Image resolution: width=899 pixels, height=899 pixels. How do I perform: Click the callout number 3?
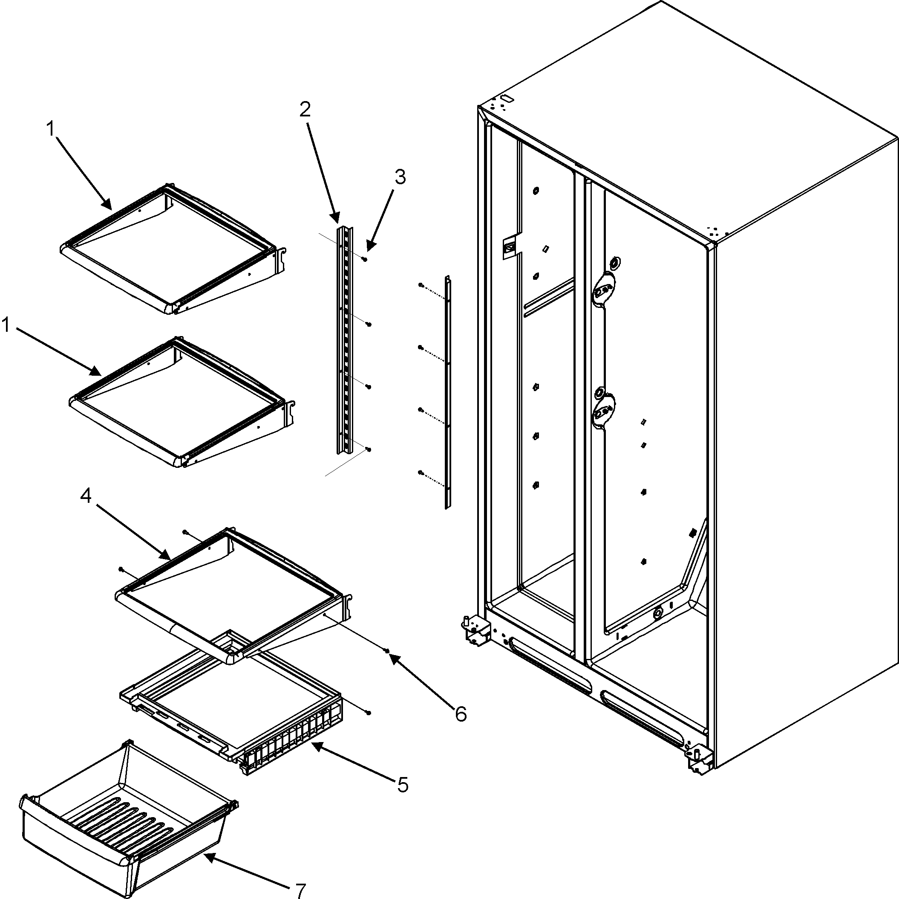tap(400, 177)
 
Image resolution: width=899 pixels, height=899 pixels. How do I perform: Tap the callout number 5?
tap(403, 785)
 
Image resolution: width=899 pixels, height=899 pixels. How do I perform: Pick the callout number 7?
tap(301, 890)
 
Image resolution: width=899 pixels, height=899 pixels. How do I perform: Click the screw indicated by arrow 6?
tap(387, 650)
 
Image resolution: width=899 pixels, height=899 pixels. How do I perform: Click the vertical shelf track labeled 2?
tap(345, 340)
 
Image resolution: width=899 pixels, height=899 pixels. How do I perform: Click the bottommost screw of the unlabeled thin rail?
tap(421, 473)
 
